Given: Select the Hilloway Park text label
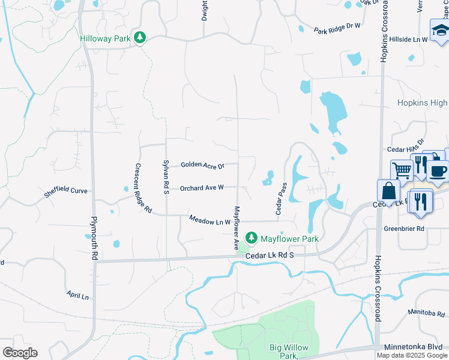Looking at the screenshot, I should (x=106, y=39).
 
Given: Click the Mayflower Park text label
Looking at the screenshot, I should (x=289, y=239).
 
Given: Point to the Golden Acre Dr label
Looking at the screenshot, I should (x=202, y=164).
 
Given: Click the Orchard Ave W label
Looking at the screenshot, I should (x=202, y=188).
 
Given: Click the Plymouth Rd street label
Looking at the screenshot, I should (x=94, y=238).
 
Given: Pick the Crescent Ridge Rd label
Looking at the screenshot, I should (x=142, y=188).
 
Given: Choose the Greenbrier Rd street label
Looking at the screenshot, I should (x=421, y=229).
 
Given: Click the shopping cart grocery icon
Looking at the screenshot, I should (x=400, y=170).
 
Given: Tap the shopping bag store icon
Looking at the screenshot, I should (x=388, y=191).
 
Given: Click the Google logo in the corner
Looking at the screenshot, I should (x=20, y=353).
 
